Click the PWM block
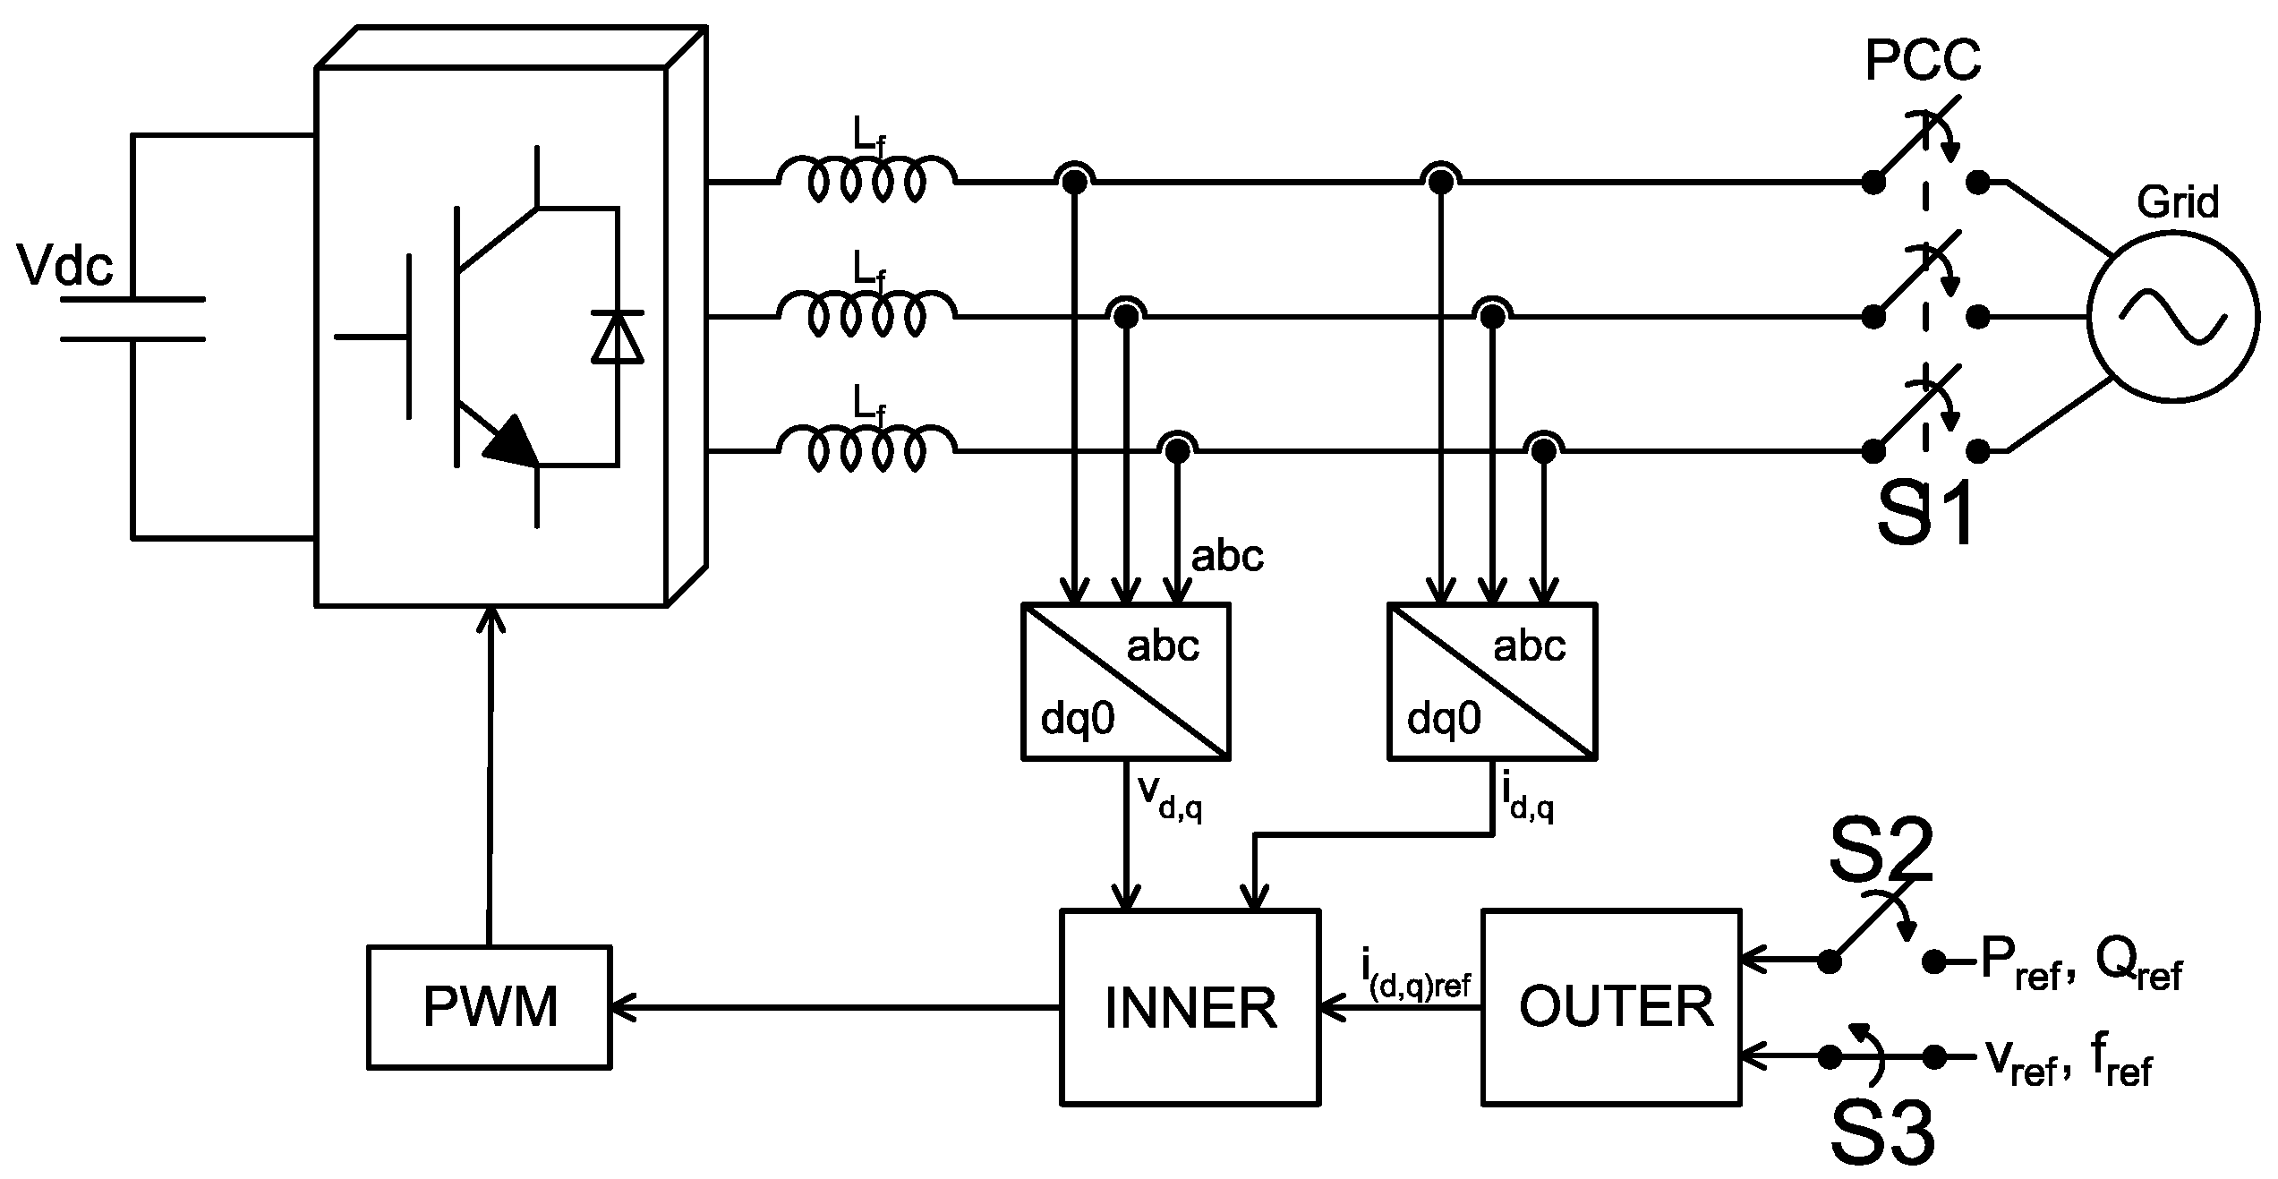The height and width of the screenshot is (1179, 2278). (x=490, y=1007)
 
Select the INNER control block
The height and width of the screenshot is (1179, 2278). (x=1190, y=1007)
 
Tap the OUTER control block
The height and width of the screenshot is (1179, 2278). (x=1611, y=1007)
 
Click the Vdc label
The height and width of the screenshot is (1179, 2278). (x=65, y=266)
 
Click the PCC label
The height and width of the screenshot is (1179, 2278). (x=1923, y=61)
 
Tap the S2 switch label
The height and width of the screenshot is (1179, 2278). (x=1880, y=851)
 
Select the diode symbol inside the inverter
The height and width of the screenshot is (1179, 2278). (x=618, y=337)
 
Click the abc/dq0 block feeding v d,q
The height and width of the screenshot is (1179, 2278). (x=1126, y=681)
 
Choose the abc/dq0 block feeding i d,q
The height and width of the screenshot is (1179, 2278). (x=1491, y=681)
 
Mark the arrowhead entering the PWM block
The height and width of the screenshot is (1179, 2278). (x=621, y=1008)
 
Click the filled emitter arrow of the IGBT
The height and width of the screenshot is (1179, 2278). (x=512, y=440)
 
